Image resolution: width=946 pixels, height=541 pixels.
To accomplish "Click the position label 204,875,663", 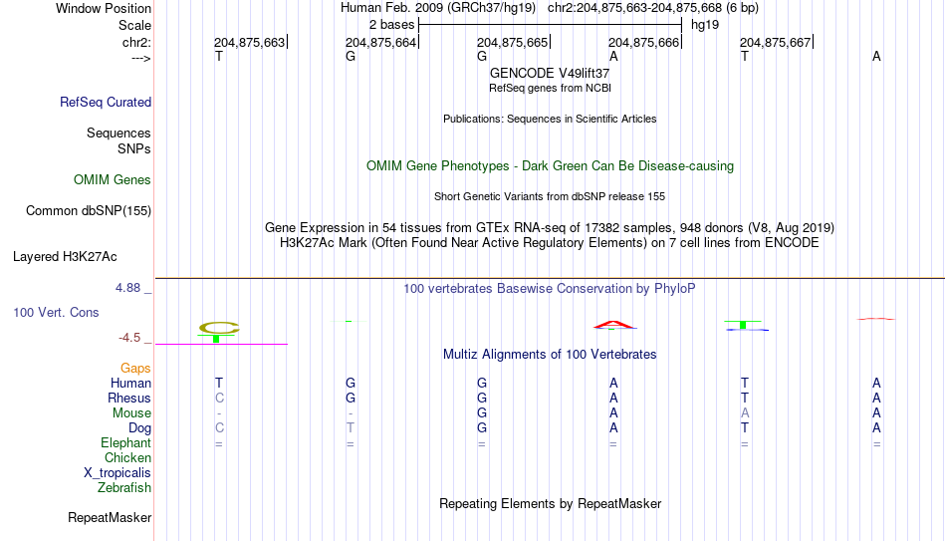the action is tap(249, 43).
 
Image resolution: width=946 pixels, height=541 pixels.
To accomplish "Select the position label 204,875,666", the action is tap(643, 43).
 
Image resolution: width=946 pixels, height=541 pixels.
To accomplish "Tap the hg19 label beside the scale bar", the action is tap(705, 25).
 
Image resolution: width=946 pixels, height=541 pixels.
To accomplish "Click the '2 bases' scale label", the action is tap(391, 25).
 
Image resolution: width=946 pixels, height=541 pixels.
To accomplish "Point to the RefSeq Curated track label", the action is tap(106, 102).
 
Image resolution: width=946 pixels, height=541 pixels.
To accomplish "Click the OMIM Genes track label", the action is tap(113, 180).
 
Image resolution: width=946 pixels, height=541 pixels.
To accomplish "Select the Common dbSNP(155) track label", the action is tap(89, 211).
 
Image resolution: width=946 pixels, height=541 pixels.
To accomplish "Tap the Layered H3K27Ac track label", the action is tap(65, 257).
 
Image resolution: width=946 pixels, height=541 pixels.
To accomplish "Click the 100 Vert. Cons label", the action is tap(56, 312).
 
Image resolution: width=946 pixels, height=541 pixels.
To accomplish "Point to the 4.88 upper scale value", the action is tap(127, 288).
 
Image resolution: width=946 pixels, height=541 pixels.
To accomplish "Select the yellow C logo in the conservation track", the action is tap(219, 328).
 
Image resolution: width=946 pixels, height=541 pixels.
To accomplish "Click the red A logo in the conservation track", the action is tap(613, 325).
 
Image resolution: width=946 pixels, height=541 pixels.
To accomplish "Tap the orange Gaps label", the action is tap(135, 369).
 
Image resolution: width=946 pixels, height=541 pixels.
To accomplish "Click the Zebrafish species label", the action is tap(124, 488).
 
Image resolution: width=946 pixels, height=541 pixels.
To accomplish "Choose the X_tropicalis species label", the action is tap(118, 473).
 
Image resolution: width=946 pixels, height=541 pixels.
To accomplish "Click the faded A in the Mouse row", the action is tap(745, 413).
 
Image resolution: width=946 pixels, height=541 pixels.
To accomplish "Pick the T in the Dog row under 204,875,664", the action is tap(351, 428).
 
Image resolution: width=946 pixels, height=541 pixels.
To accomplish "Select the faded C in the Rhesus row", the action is tap(219, 398).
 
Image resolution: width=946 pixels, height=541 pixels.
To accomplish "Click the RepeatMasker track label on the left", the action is tap(110, 517).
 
